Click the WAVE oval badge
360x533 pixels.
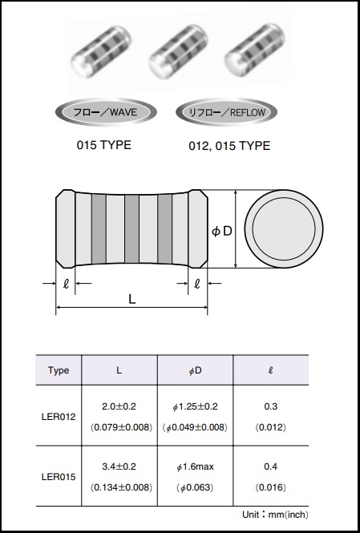106,112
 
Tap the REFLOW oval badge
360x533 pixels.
227,112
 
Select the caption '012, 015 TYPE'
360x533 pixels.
229,146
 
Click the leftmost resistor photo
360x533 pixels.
101,51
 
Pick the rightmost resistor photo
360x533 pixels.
254,51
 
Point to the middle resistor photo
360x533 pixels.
178,51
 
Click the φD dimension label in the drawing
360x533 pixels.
221,231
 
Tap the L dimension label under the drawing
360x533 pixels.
132,299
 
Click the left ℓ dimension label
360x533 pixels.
66,284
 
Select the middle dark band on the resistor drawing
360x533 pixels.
131,229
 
